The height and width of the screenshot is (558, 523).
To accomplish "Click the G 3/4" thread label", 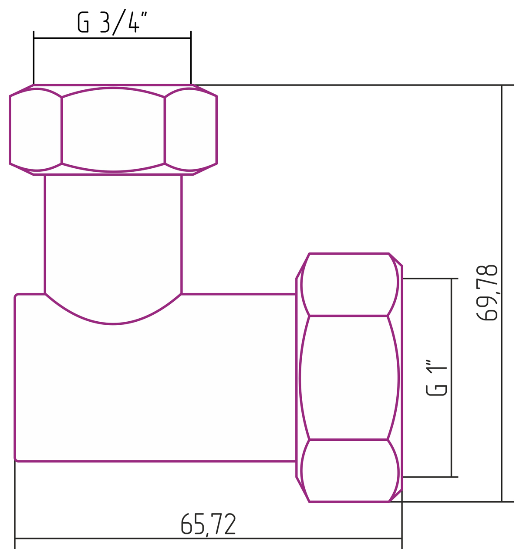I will pos(112,22).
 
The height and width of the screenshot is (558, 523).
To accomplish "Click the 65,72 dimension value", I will pos(208,524).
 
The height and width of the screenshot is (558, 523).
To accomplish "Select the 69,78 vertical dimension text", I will pos(487,293).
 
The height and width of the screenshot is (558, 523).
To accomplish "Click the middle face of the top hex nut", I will pos(113,130).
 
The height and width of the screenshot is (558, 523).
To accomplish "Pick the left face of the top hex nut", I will pos(36,130).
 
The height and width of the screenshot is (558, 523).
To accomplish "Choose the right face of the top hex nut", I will pos(190,130).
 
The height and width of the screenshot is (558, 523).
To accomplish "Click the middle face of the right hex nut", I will pos(348,378).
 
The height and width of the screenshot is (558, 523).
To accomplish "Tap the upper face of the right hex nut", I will pos(348,285).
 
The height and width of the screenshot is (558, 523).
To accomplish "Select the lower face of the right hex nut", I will pos(348,471).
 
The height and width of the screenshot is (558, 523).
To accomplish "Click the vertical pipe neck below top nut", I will pos(113,231).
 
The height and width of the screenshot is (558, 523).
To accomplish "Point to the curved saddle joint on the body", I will pos(113,323).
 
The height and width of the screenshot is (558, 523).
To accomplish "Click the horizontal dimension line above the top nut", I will pos(112,38).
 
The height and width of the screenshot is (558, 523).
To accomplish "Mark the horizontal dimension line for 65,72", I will pos(208,538).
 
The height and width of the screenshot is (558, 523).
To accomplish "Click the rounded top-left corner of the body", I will pos(16,296).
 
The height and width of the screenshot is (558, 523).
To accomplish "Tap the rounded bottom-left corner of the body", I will pos(16,459).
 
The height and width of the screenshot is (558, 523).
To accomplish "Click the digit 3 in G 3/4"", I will pos(104,22).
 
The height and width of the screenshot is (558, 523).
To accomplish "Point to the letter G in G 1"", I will pos(436,390).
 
